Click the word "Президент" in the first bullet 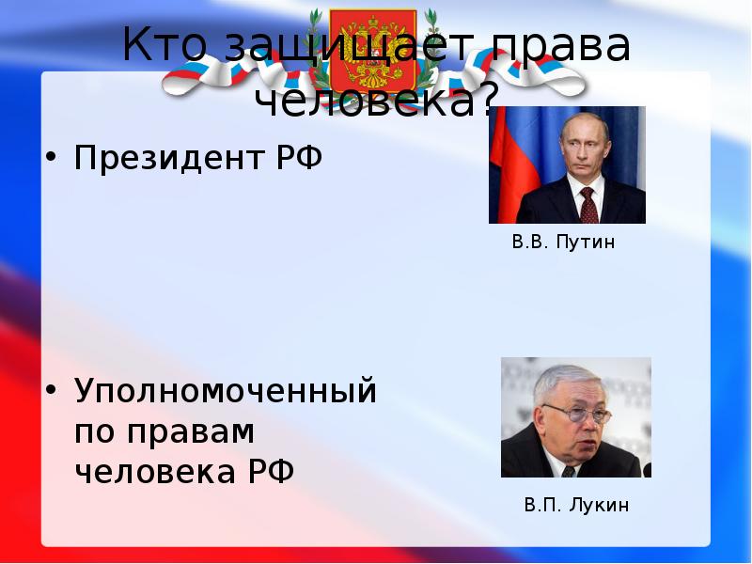(167, 157)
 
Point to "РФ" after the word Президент (298, 157)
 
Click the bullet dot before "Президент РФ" (53, 156)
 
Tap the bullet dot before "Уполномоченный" (53, 388)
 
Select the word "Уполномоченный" (226, 390)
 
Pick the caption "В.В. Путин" (564, 243)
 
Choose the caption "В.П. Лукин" (576, 506)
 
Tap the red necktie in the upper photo (588, 203)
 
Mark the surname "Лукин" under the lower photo (597, 506)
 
